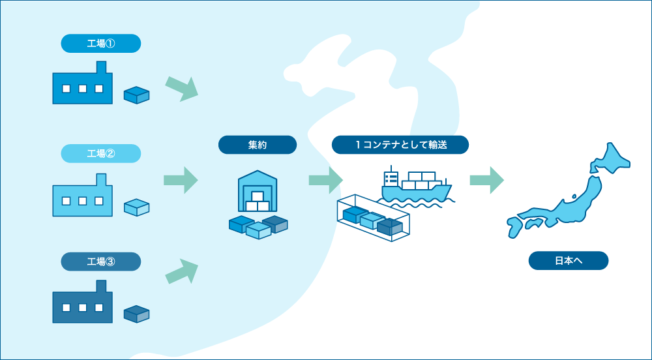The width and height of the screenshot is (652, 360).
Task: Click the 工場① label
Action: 100,43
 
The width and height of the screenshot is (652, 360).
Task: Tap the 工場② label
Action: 100,153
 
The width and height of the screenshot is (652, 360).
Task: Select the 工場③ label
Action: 100,262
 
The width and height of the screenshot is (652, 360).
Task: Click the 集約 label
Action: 258,145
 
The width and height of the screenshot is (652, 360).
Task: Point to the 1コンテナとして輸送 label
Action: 400,145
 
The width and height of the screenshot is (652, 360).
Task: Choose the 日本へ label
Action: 569,261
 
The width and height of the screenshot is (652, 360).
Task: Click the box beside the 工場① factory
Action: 136,95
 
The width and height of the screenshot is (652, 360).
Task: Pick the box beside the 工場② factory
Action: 136,207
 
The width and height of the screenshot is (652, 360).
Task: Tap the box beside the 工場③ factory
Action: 136,314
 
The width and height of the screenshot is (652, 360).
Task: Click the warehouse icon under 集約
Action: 258,191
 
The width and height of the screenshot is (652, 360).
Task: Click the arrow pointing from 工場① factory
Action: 182,89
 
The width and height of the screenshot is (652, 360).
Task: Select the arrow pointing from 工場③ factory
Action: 182,271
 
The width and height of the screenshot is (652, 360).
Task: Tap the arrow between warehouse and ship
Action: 326,180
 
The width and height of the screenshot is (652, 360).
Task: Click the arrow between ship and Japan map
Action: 487,180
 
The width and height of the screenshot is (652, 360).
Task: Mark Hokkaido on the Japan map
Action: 612,160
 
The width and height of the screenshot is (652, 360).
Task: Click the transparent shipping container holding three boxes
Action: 374,218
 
